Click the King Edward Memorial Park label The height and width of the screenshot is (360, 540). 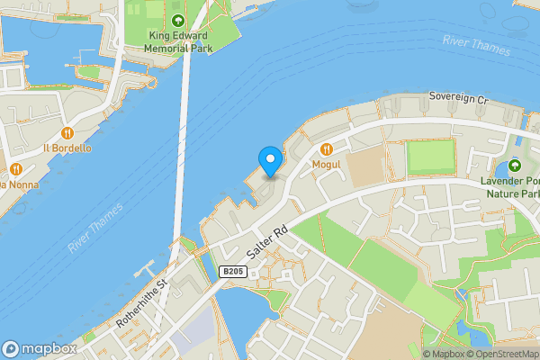pos(178,42)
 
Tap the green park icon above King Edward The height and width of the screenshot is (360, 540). pos(178,22)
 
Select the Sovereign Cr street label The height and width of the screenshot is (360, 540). pos(457,96)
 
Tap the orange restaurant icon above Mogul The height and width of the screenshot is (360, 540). pos(326,149)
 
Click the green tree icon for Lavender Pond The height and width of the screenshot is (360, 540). pos(514,166)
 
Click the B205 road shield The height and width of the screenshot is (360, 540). pos(232,271)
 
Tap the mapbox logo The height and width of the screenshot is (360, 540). pos(39,349)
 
